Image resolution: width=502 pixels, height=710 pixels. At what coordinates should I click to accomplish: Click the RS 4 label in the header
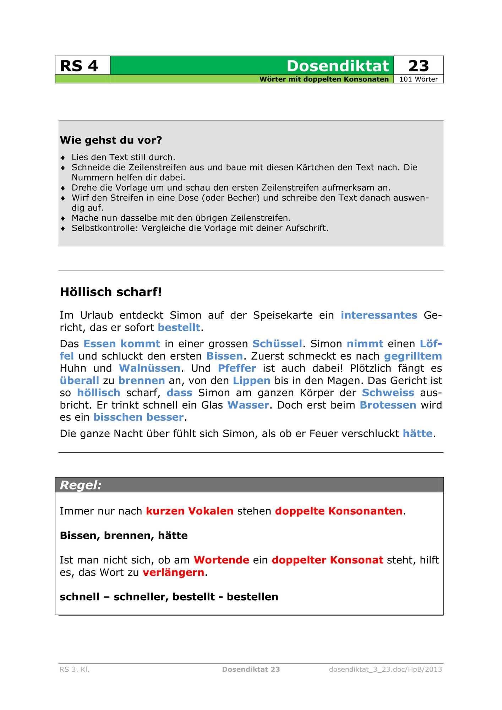[x=79, y=66]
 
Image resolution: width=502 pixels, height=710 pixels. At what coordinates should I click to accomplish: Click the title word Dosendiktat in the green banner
[x=338, y=66]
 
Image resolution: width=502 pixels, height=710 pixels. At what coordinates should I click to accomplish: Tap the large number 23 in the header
[x=419, y=66]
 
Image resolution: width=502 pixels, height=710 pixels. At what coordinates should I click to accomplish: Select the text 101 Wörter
[x=419, y=79]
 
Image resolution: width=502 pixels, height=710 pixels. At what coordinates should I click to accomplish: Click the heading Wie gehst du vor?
[x=111, y=140]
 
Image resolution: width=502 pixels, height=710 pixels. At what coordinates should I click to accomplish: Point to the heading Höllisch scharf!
[x=111, y=292]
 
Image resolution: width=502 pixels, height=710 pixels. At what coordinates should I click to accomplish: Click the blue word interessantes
[x=379, y=315]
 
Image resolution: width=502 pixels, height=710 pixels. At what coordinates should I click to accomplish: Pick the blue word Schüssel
[x=277, y=344]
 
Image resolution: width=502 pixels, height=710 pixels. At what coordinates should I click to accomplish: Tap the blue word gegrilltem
[x=413, y=356]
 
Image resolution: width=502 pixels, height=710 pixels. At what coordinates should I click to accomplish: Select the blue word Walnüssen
[x=149, y=368]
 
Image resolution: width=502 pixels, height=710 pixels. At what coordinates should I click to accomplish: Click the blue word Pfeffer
[x=237, y=368]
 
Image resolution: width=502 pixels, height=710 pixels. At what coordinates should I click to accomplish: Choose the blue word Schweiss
[x=388, y=393]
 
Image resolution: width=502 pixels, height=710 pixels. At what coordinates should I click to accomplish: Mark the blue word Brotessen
[x=388, y=405]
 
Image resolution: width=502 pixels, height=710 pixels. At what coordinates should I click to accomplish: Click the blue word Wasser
[x=248, y=405]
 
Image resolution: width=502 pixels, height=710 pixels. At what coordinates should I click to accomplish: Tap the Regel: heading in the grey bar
[x=81, y=485]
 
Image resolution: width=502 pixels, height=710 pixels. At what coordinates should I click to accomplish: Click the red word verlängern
[x=174, y=572]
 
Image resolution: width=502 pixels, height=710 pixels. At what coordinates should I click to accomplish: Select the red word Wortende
[x=222, y=560]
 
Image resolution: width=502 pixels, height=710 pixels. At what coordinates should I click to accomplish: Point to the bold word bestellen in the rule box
[x=252, y=597]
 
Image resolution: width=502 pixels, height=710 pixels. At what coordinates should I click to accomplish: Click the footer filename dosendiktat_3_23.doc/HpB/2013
[x=385, y=670]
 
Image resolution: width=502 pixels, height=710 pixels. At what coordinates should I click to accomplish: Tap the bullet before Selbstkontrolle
[x=63, y=228]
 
